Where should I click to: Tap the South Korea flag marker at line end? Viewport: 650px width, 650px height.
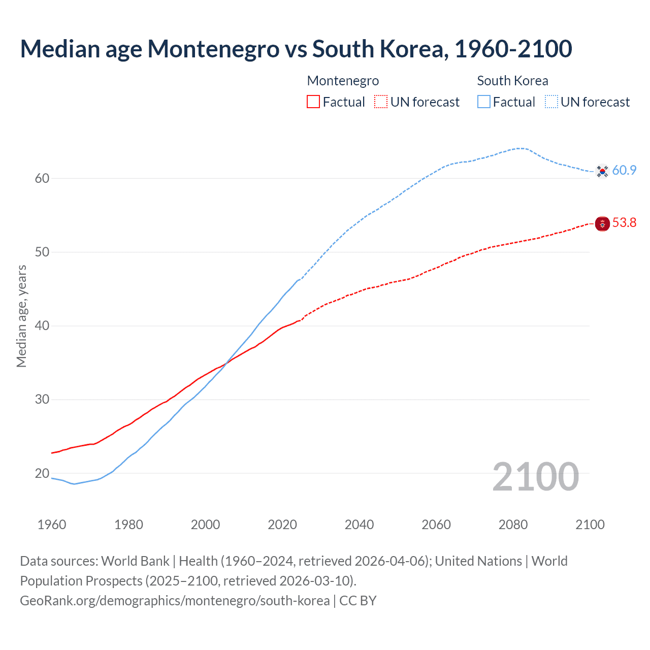(602, 172)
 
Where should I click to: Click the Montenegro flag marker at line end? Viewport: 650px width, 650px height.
(602, 223)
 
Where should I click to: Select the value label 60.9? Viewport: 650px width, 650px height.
(624, 170)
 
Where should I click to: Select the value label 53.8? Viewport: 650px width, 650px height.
(624, 222)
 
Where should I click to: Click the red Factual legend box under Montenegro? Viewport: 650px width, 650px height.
(313, 102)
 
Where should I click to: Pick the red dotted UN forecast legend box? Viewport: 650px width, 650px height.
(381, 102)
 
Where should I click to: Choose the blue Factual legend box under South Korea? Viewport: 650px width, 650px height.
(484, 102)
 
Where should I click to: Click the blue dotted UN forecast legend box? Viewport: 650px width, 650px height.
(551, 102)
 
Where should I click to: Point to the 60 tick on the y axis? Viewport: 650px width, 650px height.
(42, 178)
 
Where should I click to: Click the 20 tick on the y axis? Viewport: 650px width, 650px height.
(42, 473)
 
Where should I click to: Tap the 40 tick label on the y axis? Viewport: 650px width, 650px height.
(42, 326)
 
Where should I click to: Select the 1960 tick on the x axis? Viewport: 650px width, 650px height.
(52, 524)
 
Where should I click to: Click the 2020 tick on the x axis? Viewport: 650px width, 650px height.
(282, 524)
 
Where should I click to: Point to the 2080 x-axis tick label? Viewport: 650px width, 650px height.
(513, 524)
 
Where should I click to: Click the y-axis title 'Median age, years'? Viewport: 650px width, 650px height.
(21, 316)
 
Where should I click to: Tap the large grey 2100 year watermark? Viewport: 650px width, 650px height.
(535, 476)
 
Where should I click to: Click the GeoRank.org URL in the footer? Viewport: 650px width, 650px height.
(175, 601)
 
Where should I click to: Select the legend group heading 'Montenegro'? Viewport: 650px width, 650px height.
(343, 81)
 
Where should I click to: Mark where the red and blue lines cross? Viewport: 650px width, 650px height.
(226, 362)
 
